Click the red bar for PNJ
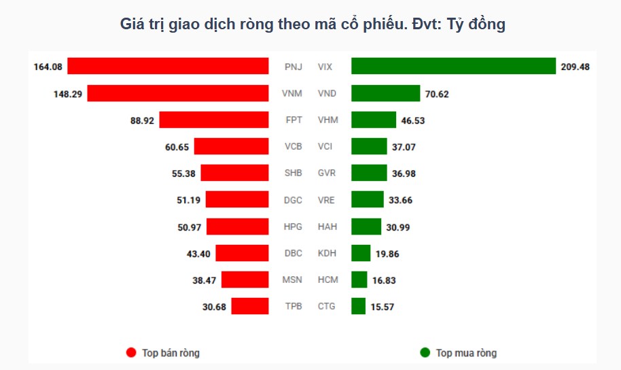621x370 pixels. (x=168, y=67)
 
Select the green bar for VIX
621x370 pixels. (x=453, y=67)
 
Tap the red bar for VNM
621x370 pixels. (x=178, y=93)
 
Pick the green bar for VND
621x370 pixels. (x=385, y=93)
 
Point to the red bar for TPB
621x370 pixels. (x=250, y=306)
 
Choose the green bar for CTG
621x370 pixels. (x=358, y=306)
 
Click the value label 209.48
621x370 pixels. (x=575, y=67)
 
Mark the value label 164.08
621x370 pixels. (x=48, y=67)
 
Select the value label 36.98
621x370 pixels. (x=404, y=173)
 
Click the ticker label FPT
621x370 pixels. (x=294, y=120)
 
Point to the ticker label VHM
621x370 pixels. (x=327, y=120)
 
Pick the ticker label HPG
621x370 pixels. (x=293, y=226)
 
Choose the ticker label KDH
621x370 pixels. (x=327, y=253)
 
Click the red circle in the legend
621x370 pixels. (x=131, y=352)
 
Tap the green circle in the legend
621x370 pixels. (x=425, y=352)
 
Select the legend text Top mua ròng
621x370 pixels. (x=466, y=353)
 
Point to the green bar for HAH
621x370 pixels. (x=366, y=226)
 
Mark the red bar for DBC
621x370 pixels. (x=243, y=253)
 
